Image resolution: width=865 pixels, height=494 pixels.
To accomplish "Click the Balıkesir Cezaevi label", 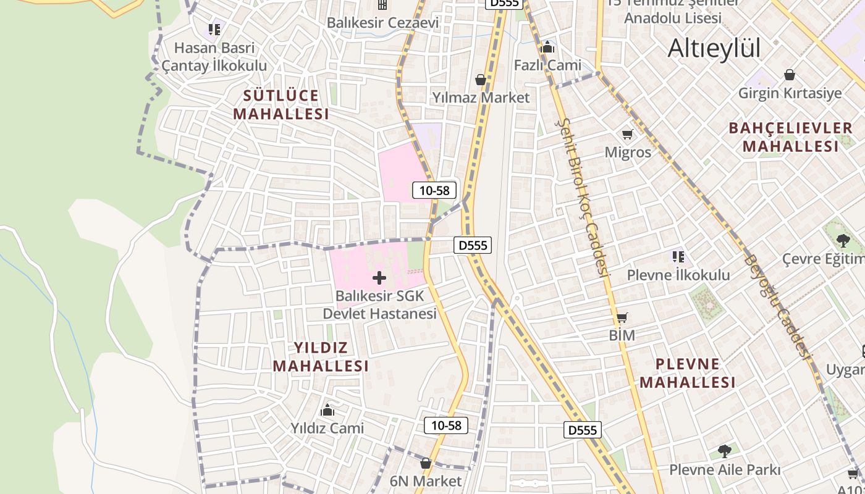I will point(382,23).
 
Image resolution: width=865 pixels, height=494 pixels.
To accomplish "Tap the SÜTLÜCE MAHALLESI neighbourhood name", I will point(281,105).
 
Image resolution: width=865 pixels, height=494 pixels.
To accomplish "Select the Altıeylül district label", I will point(714,48).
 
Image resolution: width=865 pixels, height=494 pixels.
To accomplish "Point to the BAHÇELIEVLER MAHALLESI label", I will point(791,137).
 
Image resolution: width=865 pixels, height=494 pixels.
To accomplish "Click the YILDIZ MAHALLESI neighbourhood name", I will point(321,356).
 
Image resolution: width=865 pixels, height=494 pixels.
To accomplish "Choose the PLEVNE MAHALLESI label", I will point(688,373).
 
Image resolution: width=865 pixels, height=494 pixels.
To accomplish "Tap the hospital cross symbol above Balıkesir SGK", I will point(379,278).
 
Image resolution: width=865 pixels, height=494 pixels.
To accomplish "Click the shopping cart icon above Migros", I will point(627,134).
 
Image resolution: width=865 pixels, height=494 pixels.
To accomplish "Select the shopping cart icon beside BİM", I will point(622,318).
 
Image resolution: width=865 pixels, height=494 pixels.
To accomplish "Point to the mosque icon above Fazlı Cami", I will point(547,47).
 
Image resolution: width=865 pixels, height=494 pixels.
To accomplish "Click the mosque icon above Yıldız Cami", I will point(327,410).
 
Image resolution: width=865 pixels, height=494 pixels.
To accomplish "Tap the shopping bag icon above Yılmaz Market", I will point(480,80).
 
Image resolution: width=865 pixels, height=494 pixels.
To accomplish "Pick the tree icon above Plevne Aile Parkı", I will point(724,451).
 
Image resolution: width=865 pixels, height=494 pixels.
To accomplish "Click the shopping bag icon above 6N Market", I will point(426,463).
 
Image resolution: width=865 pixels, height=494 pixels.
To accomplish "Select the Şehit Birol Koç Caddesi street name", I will point(584,198).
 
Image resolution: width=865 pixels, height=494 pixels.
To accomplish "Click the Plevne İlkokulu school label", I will point(678,275).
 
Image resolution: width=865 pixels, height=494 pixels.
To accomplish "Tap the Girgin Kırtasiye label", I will point(790,93).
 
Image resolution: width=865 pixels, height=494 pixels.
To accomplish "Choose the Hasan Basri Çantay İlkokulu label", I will point(214,57).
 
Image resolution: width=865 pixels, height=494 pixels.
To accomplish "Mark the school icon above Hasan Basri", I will point(214,29).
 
